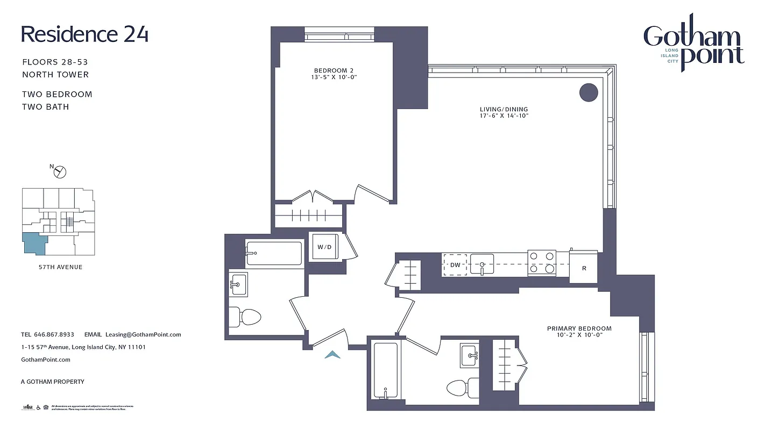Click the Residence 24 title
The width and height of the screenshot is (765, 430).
(84, 34)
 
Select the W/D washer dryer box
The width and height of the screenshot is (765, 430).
(324, 247)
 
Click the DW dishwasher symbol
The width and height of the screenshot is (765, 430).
(455, 264)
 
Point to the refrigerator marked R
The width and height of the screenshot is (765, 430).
(584, 267)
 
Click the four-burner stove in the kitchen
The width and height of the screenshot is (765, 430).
(542, 263)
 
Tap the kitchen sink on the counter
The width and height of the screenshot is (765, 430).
(483, 264)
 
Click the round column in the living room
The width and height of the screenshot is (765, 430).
(589, 92)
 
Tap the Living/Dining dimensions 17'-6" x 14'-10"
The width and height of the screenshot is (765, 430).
(504, 116)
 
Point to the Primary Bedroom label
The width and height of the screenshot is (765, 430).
(579, 328)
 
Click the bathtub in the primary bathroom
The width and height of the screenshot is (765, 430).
(385, 370)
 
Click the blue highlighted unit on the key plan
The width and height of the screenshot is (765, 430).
(34, 243)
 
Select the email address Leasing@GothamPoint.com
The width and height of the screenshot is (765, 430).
(143, 334)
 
